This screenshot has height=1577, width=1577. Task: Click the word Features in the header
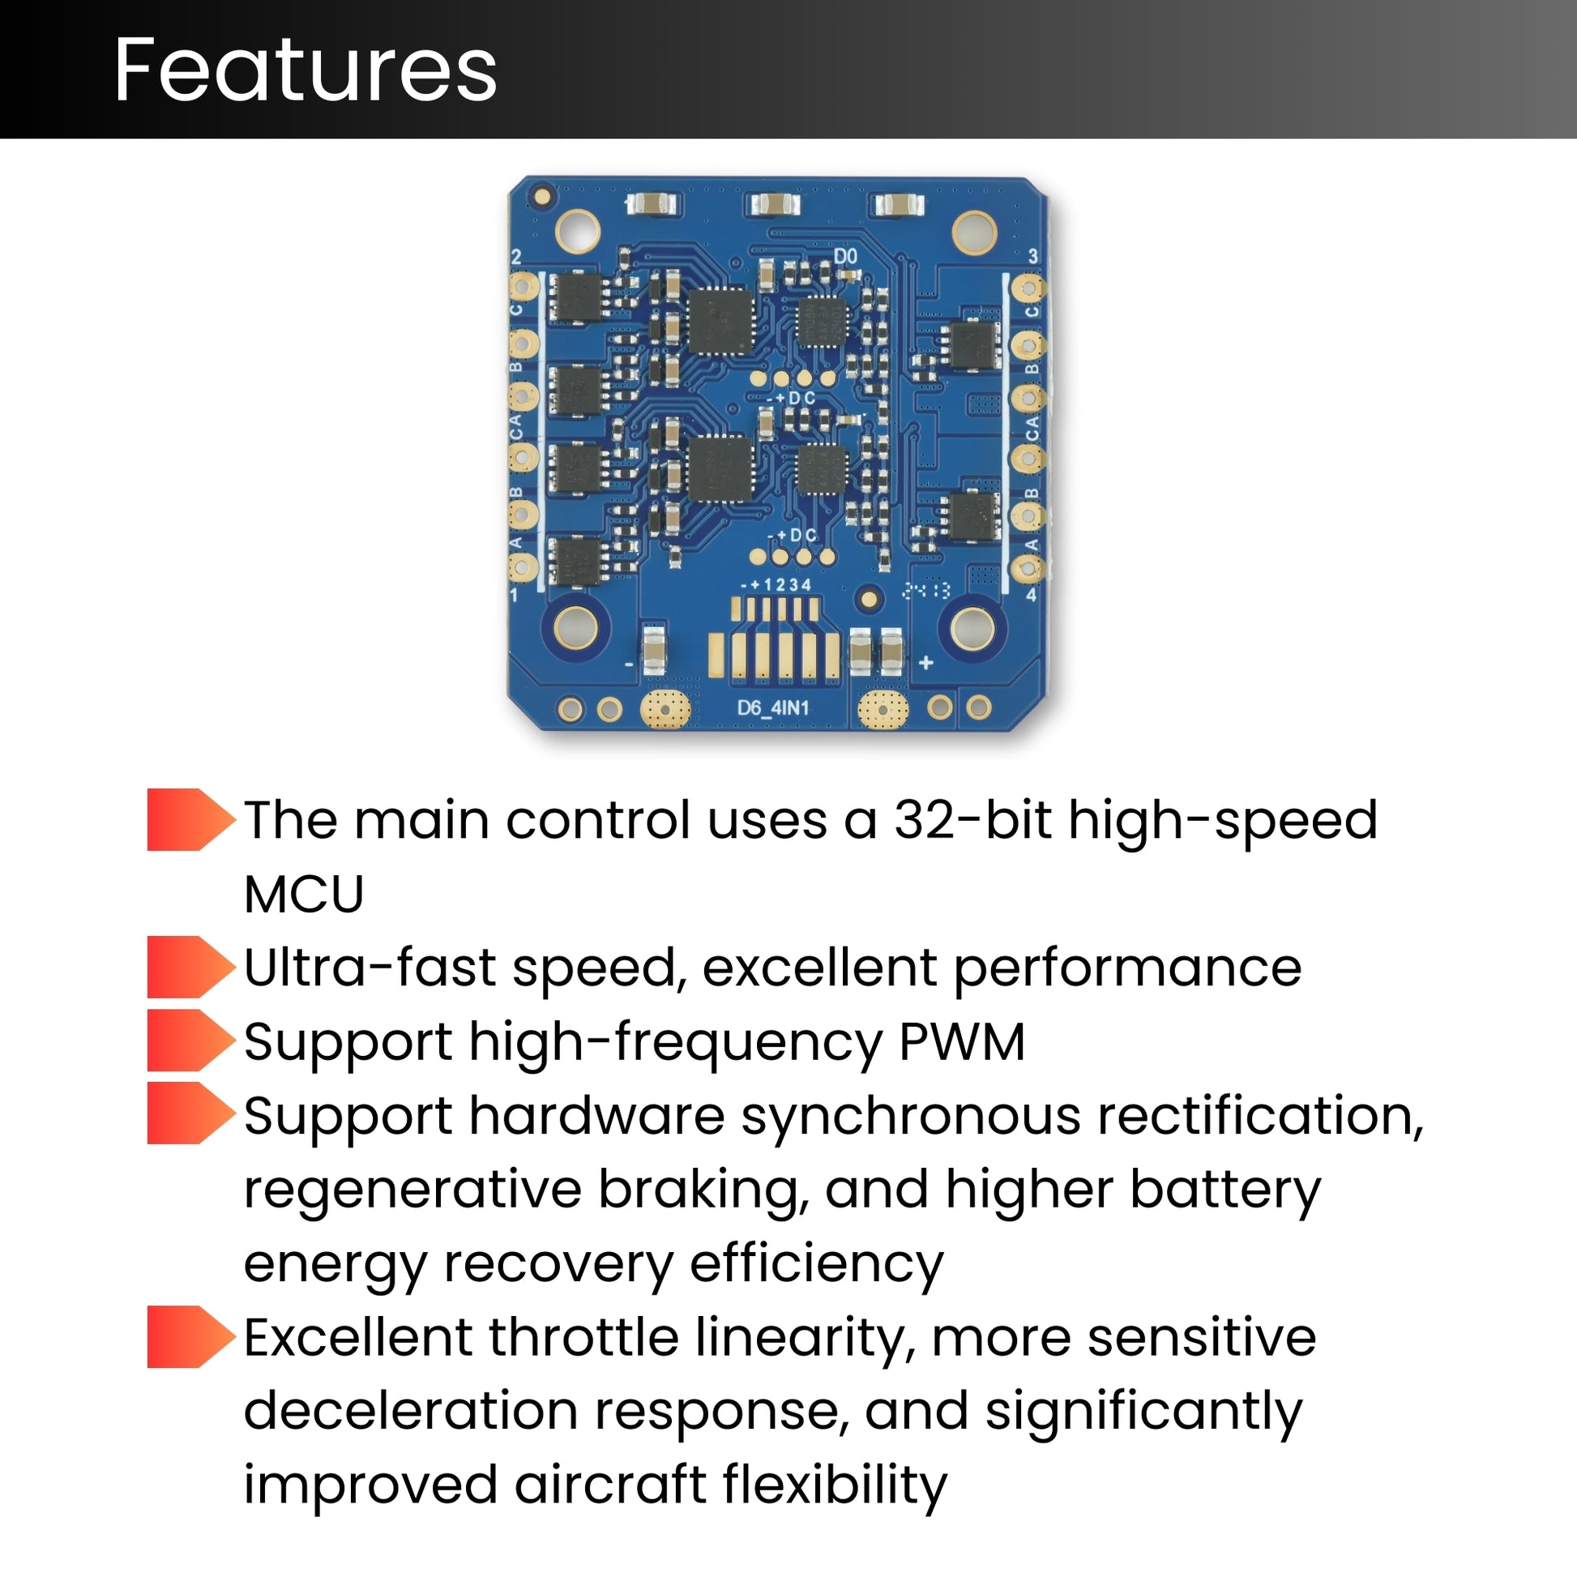click(x=306, y=71)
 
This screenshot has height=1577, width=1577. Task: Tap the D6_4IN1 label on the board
click(x=772, y=707)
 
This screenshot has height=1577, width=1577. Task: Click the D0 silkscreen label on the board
click(x=846, y=256)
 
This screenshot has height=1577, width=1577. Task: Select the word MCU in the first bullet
click(x=304, y=894)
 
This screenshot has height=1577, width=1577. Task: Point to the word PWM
click(x=962, y=1041)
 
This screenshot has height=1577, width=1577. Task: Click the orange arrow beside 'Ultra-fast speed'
click(x=190, y=967)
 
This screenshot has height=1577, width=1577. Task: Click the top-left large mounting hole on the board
click(x=577, y=230)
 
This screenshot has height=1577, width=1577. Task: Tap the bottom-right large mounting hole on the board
click(x=973, y=627)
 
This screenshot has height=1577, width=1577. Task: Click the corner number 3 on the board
click(x=1032, y=256)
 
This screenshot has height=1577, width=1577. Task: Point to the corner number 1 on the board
click(x=515, y=595)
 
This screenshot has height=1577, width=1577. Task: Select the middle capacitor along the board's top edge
click(x=775, y=204)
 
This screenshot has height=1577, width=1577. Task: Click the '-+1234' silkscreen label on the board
click(x=776, y=584)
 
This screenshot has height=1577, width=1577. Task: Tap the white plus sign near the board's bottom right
click(x=925, y=663)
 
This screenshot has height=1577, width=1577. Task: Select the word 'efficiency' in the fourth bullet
click(x=816, y=1263)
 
